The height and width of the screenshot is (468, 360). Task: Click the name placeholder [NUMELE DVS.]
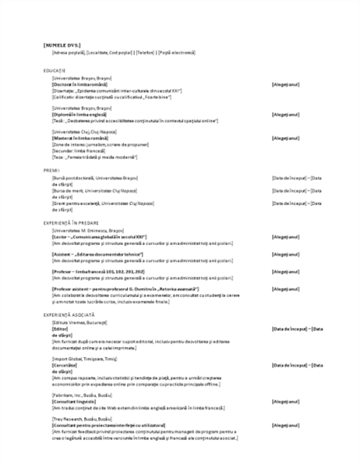(64, 46)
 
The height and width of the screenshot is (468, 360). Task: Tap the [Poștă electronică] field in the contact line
(178, 52)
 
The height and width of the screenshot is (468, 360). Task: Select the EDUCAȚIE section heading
(55, 70)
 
